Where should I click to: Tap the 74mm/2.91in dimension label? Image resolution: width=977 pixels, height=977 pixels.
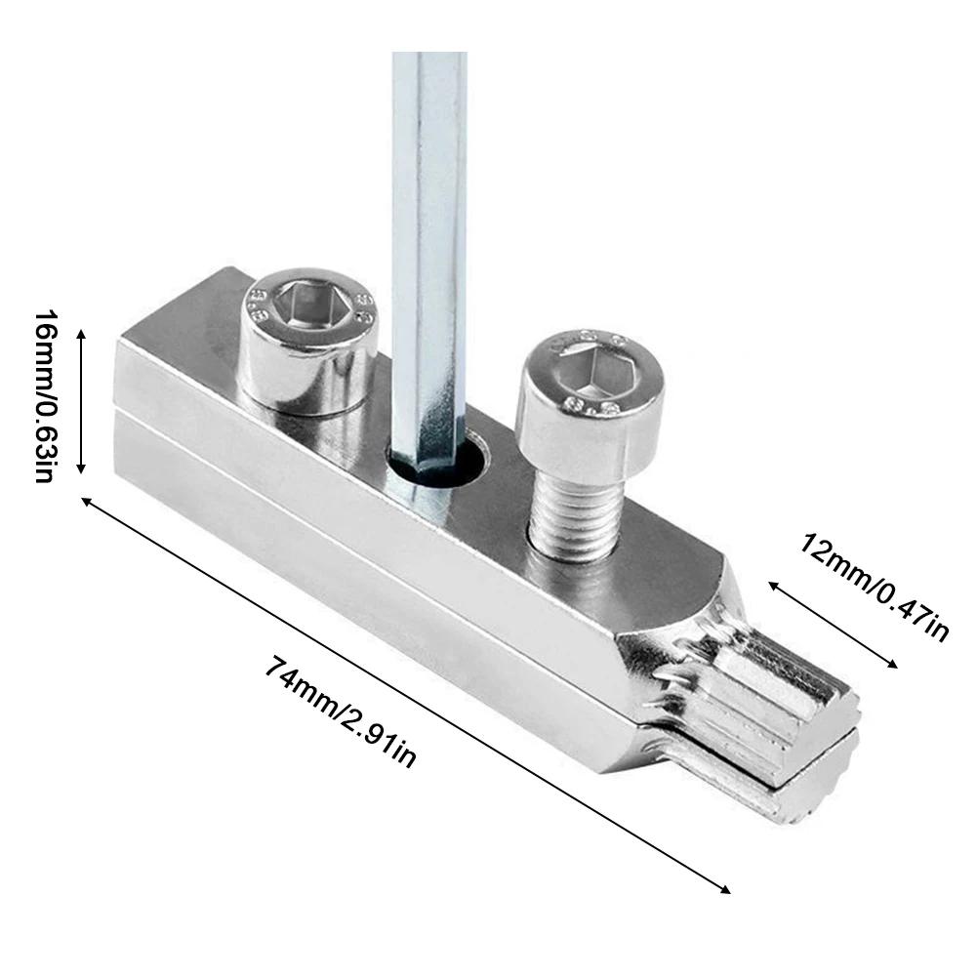pyautogui.click(x=341, y=712)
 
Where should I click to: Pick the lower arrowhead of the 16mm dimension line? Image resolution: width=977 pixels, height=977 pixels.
pyautogui.click(x=82, y=470)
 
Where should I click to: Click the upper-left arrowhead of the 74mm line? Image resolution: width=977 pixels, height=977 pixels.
pyautogui.click(x=86, y=500)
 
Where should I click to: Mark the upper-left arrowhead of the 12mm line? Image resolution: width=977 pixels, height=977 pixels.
pyautogui.click(x=771, y=584)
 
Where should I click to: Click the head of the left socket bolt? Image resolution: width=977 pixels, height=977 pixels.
pyautogui.click(x=310, y=342)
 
